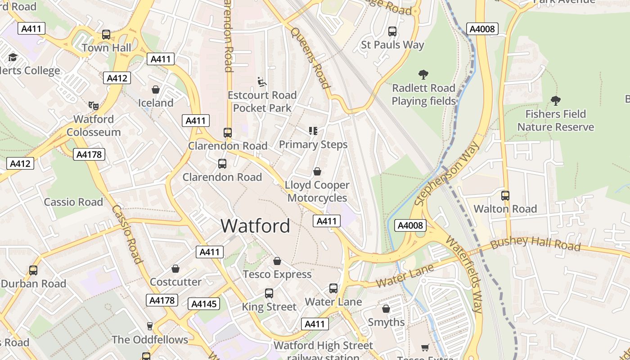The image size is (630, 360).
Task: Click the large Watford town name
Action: pyautogui.click(x=255, y=226)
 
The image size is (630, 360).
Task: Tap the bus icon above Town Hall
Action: pyautogui.click(x=106, y=35)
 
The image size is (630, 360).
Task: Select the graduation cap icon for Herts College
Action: pyautogui.click(x=13, y=58)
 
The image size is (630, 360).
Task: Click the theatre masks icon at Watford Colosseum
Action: pyautogui.click(x=94, y=106)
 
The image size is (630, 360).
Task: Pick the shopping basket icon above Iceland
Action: pyautogui.click(x=156, y=90)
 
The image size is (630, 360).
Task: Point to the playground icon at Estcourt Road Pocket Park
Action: pyautogui.click(x=262, y=81)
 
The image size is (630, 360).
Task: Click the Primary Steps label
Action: pyautogui.click(x=313, y=144)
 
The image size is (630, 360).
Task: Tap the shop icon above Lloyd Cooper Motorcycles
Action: pyautogui.click(x=317, y=171)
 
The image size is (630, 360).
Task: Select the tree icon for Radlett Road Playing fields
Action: pyautogui.click(x=423, y=75)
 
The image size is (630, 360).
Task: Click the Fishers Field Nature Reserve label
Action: pyautogui.click(x=555, y=121)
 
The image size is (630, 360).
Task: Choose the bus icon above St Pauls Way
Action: pyautogui.click(x=392, y=31)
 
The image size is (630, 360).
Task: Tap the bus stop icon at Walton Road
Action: pyautogui.click(x=505, y=196)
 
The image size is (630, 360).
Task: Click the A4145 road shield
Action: pyautogui.click(x=204, y=304)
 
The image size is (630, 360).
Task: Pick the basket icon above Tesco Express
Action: pyautogui.click(x=277, y=261)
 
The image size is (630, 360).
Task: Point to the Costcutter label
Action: pyautogui.click(x=175, y=282)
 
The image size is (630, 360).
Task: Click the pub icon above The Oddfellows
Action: pyautogui.click(x=150, y=326)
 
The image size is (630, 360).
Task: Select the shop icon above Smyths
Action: pyautogui.click(x=386, y=309)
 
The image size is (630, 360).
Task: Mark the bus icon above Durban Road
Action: pyautogui.click(x=33, y=270)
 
